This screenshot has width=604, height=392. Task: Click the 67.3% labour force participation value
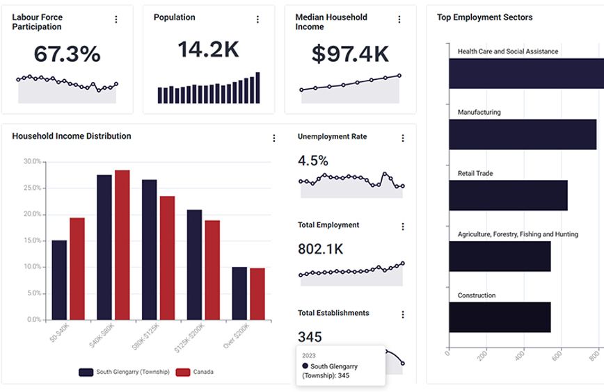click(67, 54)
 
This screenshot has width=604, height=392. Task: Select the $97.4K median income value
click(350, 54)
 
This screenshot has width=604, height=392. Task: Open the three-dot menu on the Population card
click(257, 19)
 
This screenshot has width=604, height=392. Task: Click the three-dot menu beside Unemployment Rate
click(402, 138)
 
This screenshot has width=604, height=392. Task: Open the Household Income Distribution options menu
click(272, 138)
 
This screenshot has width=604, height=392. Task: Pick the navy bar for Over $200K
click(239, 293)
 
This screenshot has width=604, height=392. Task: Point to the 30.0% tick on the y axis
click(32, 161)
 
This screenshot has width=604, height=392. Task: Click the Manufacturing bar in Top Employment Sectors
click(522, 133)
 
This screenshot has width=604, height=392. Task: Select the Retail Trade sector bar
click(507, 195)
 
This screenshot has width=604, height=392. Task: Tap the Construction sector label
click(477, 295)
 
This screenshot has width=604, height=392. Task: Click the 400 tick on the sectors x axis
click(518, 357)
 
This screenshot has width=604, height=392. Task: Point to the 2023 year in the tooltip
click(309, 355)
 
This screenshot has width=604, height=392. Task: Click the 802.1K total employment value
click(321, 249)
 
